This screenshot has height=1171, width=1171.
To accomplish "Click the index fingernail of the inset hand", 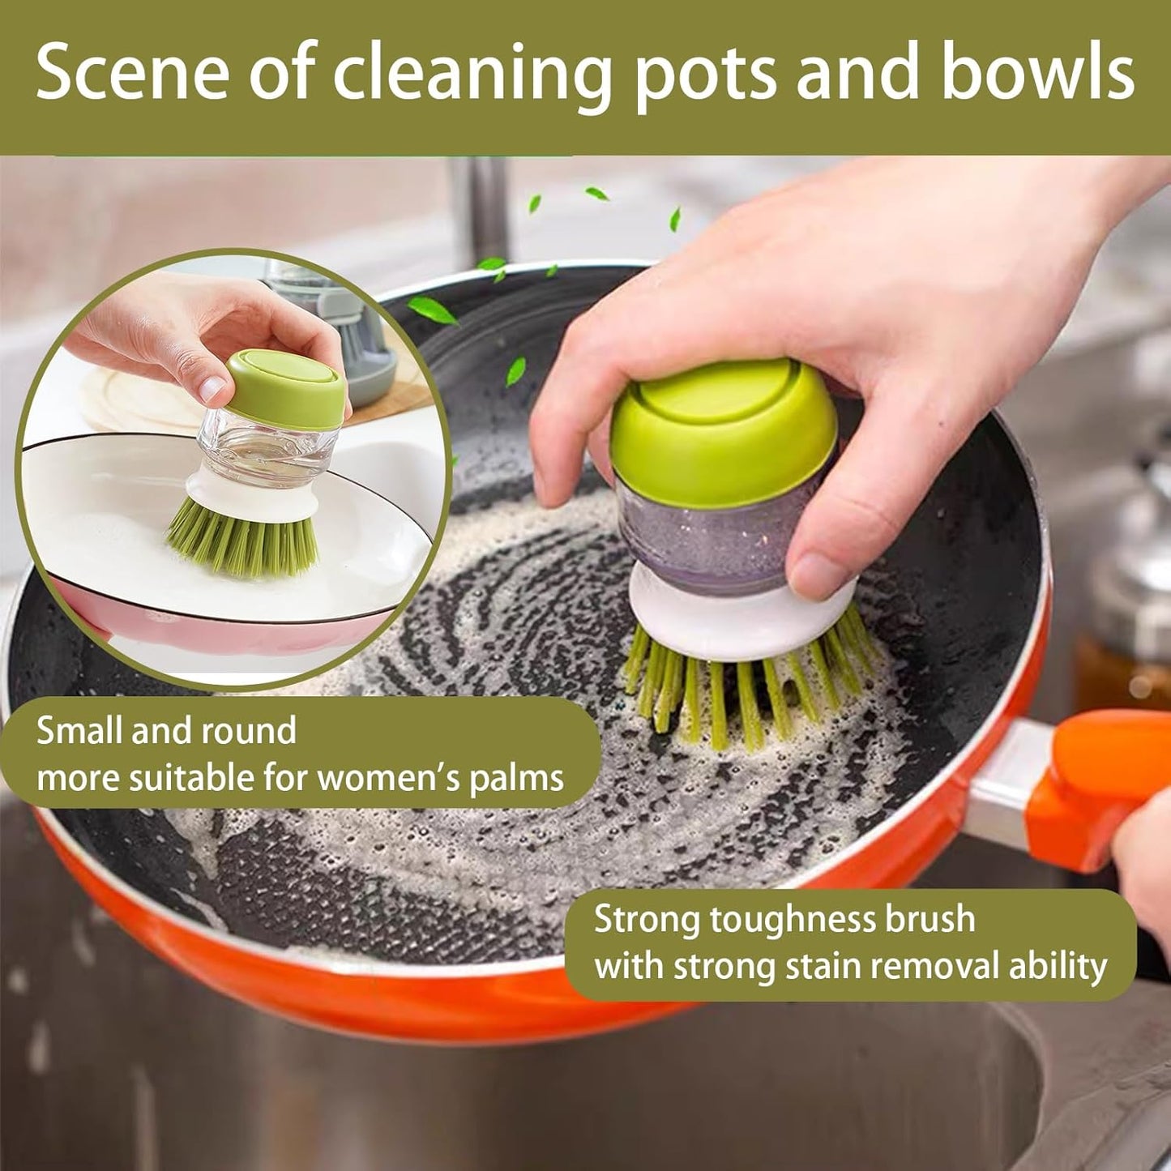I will click(212, 387).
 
